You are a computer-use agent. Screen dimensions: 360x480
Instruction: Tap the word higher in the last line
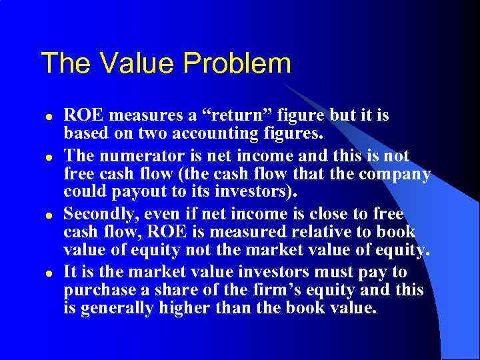click(x=186, y=309)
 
